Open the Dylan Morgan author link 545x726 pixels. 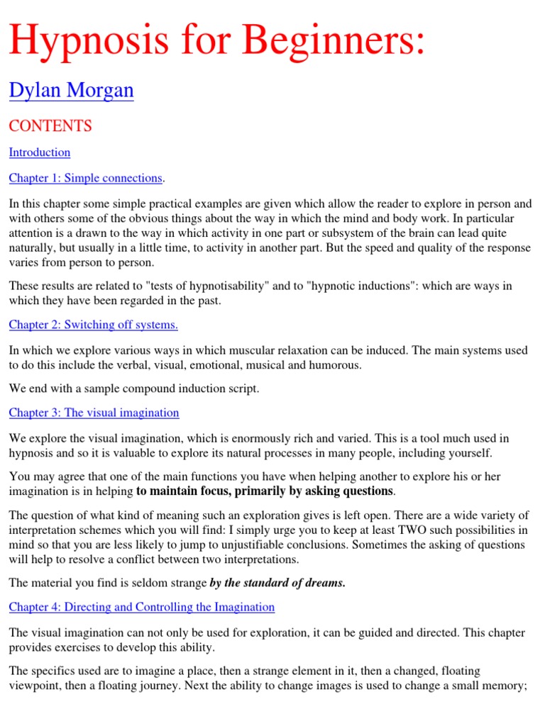coord(71,91)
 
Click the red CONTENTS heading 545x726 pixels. coord(50,126)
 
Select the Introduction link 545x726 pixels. coord(40,152)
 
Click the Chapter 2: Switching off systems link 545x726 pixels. coord(93,325)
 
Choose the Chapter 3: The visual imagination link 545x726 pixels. coord(94,413)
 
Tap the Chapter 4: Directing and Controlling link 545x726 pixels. coord(141,607)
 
